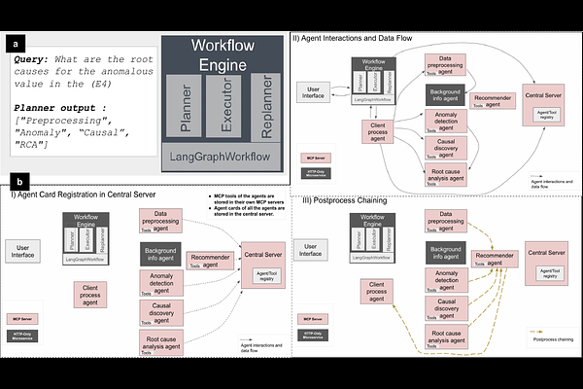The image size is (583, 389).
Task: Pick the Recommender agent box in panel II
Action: (x=493, y=99)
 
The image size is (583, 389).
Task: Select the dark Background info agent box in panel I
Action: (x=167, y=257)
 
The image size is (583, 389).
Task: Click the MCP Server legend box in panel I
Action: (x=22, y=318)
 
